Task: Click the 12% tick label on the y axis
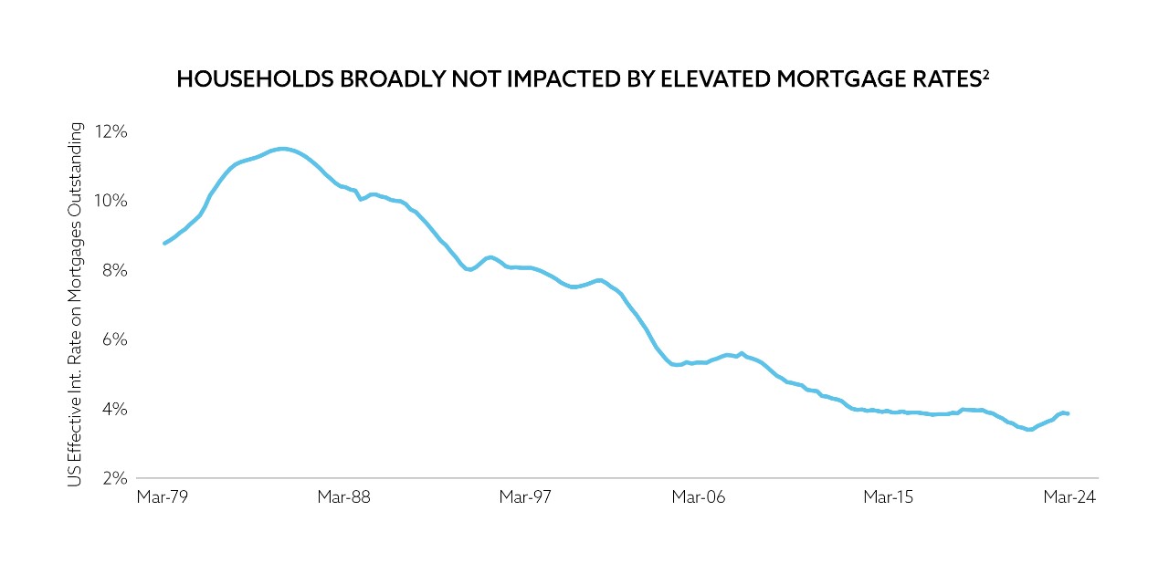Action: pos(110,132)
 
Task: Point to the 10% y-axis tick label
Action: pos(110,201)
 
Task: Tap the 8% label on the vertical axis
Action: pos(113,271)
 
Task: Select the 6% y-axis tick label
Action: pos(113,339)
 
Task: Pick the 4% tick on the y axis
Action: pos(113,409)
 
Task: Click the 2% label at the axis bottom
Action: pos(113,478)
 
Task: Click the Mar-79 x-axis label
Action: pos(161,497)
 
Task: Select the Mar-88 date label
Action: pos(343,497)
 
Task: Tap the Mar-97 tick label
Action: pos(525,497)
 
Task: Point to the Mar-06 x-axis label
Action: pos(698,497)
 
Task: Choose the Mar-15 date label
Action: pos(889,497)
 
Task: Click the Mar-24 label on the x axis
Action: pos(1069,497)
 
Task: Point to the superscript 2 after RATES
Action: pos(987,74)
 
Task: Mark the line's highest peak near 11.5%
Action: pos(282,149)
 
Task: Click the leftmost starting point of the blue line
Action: pos(163,244)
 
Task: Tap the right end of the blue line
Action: pos(1068,414)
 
